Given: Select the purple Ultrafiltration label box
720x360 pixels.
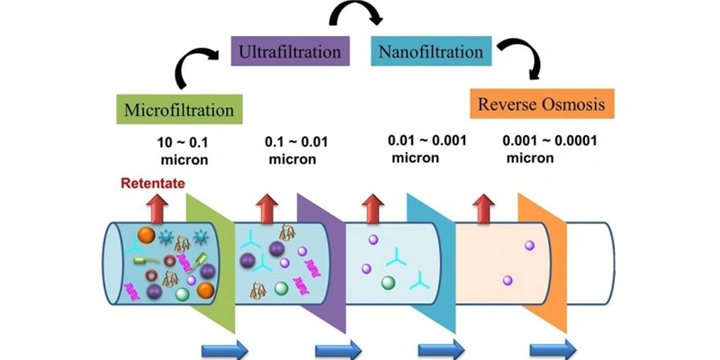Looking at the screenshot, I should (287, 51).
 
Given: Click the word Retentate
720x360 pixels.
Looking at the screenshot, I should (155, 184).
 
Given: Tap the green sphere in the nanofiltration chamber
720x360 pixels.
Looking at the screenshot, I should (389, 283).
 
